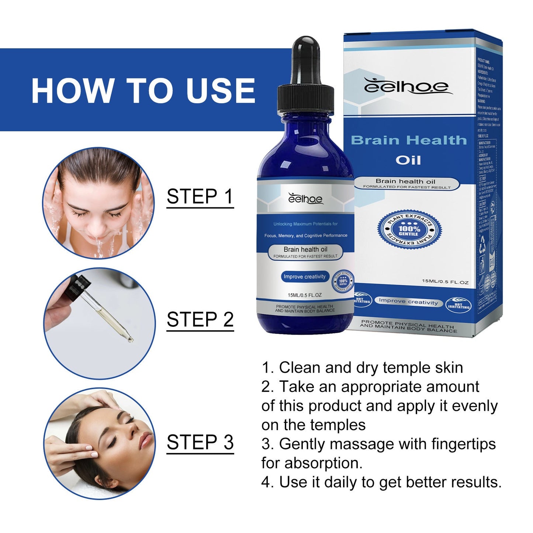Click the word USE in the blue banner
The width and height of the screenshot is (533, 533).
tap(220, 91)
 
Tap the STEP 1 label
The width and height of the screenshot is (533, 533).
tap(200, 196)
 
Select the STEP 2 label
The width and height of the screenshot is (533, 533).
tap(200, 319)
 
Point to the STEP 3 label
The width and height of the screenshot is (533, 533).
tap(200, 442)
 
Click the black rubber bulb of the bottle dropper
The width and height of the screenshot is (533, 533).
tap(306, 59)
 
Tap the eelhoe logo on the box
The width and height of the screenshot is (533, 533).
tap(406, 86)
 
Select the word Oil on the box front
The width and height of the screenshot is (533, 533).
tap(408, 160)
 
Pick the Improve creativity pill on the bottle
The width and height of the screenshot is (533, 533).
tap(304, 277)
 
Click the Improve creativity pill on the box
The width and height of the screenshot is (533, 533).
tap(408, 302)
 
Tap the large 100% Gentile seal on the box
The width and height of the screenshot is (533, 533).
tap(408, 229)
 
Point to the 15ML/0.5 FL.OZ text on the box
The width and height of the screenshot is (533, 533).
tap(445, 282)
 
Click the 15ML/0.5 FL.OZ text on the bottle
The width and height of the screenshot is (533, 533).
tap(304, 295)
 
